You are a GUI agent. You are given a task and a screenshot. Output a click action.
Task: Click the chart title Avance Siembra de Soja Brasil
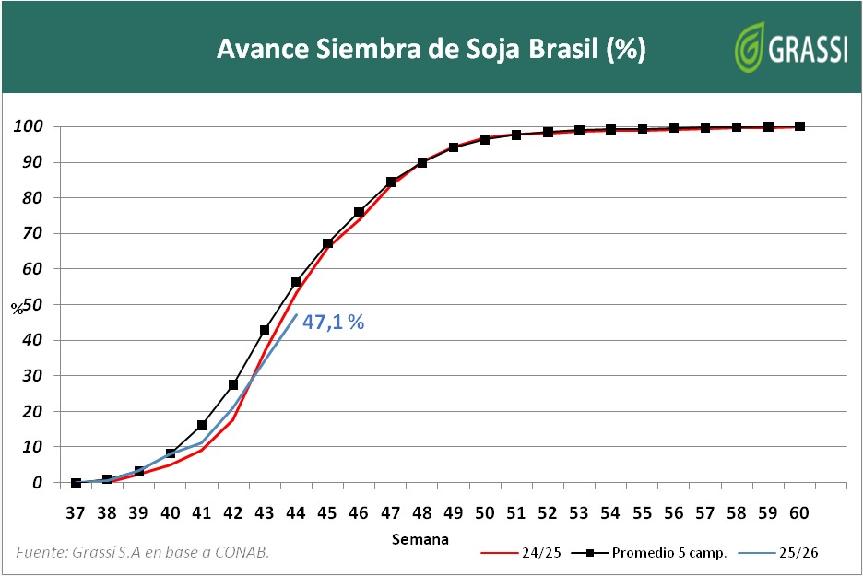pos(431,49)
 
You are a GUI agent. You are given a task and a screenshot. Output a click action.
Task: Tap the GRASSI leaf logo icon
pos(749,47)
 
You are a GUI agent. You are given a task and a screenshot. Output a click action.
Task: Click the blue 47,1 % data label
pos(334,323)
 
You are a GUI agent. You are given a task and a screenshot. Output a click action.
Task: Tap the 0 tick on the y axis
pos(38,483)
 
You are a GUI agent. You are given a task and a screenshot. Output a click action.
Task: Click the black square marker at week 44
pos(296,282)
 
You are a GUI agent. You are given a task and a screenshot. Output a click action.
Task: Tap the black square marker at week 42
pos(233,384)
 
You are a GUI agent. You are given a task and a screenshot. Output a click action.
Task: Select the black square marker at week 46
pos(359,212)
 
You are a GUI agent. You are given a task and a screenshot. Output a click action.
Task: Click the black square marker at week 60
pos(799,126)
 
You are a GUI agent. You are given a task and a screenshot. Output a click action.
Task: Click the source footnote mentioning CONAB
pos(143,551)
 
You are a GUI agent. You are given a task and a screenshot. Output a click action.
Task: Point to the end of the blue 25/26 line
pos(296,315)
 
